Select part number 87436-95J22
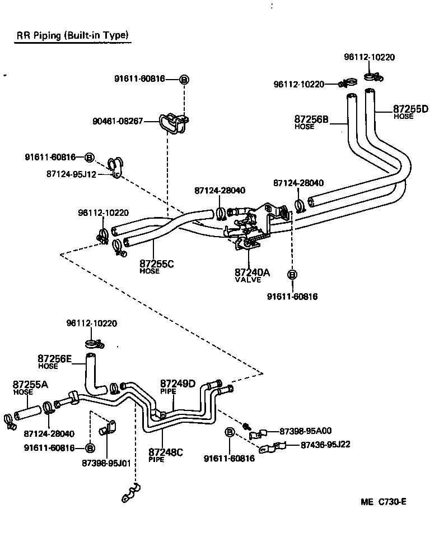(x=325, y=445)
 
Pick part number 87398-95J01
(x=106, y=463)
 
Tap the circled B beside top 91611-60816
(x=184, y=79)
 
